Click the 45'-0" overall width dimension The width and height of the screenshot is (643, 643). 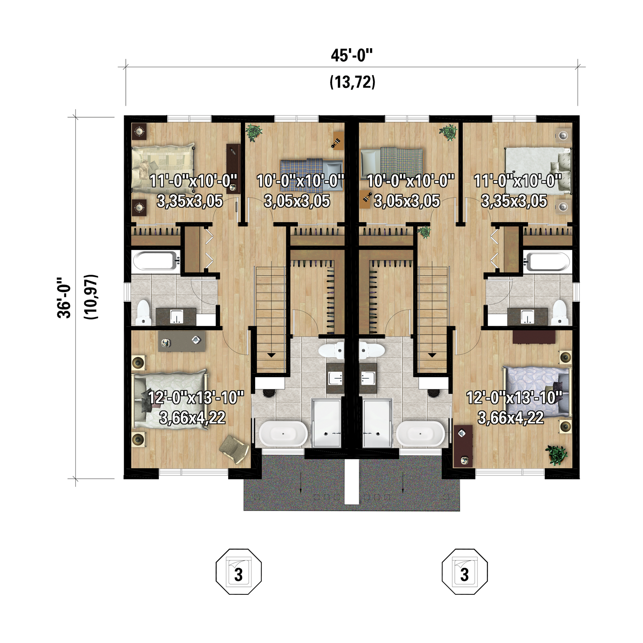tap(352, 56)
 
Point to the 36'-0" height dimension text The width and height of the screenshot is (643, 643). tap(64, 298)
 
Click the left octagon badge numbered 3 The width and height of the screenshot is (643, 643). tap(239, 572)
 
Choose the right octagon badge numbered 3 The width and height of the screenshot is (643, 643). tap(464, 572)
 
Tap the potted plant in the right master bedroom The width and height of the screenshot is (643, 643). tap(556, 455)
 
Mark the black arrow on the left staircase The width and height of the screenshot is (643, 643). tap(271, 355)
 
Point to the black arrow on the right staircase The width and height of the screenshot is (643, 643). tap(432, 355)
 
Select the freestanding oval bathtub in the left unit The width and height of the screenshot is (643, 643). tap(283, 434)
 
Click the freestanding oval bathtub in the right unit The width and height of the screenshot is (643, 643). tap(420, 434)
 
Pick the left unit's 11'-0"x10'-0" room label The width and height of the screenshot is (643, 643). tap(193, 181)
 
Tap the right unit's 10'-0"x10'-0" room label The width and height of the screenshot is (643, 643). tap(410, 181)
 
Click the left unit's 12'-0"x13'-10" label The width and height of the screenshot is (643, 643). tap(196, 398)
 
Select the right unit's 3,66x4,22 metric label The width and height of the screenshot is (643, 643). tap(511, 418)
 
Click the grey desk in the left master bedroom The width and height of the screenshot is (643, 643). tap(181, 341)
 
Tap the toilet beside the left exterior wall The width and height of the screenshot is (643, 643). tap(143, 313)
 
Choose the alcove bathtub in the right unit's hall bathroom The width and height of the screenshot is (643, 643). tap(547, 262)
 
